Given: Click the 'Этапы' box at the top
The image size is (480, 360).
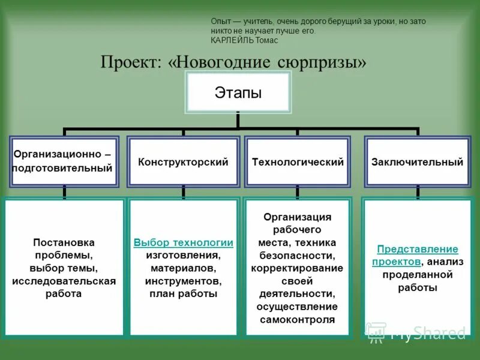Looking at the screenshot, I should click(238, 93).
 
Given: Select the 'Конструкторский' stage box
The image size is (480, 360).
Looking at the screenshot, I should click(183, 162).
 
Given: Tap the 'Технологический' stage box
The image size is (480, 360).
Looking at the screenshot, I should click(298, 162).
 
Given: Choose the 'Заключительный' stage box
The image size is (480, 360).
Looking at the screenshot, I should click(417, 162).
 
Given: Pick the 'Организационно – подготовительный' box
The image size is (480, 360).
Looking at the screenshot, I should click(63, 161).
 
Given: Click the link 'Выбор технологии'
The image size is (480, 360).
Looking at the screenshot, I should click(183, 242).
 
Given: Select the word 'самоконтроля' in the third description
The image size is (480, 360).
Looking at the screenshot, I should click(298, 320).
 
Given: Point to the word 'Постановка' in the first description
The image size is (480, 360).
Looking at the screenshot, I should click(64, 242).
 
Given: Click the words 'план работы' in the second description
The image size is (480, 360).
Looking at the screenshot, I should click(183, 294).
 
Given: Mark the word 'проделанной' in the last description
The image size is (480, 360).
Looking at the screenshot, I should click(417, 275).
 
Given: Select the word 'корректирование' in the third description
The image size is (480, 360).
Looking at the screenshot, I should click(298, 268).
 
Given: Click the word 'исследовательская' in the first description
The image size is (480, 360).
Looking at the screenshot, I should click(64, 281).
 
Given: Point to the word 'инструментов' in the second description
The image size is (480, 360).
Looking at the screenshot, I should click(183, 281).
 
